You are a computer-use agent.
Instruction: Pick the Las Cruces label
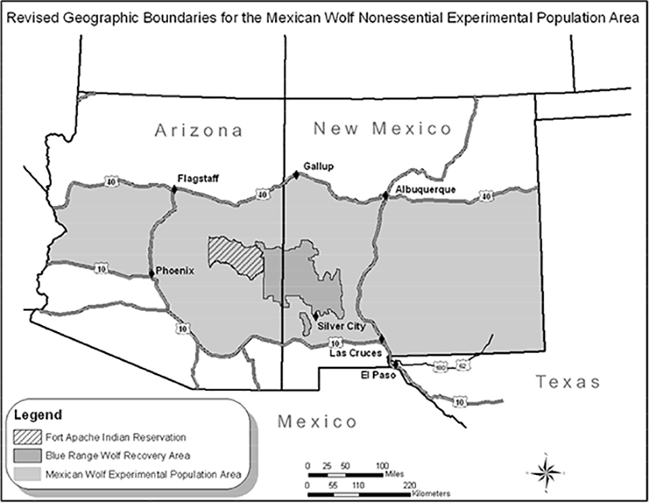[x=355, y=353]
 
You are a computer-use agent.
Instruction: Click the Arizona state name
[x=198, y=131]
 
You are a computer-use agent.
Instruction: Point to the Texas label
[x=568, y=382]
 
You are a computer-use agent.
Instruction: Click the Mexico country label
[x=317, y=422]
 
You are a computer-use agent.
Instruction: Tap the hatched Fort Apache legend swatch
[x=28, y=436]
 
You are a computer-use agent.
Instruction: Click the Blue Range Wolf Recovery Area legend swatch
[x=28, y=455]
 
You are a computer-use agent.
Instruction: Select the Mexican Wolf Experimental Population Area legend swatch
[x=28, y=473]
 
